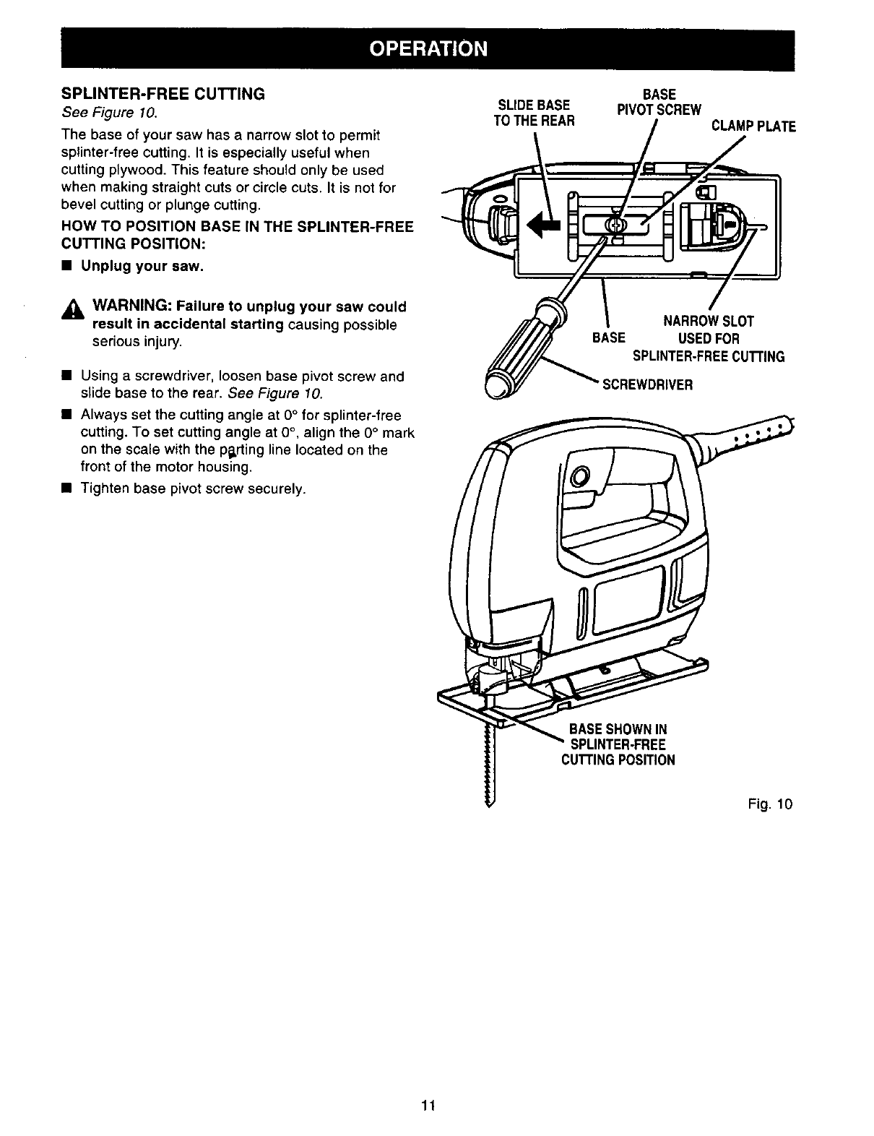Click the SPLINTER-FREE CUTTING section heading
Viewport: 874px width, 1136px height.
[x=163, y=94]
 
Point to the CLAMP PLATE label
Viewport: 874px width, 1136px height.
[x=753, y=127]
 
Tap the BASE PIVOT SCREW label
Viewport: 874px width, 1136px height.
[x=658, y=102]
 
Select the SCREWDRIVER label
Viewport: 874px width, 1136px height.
[x=647, y=385]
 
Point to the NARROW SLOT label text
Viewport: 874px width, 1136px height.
[x=708, y=322]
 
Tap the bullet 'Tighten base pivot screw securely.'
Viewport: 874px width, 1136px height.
[x=193, y=489]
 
